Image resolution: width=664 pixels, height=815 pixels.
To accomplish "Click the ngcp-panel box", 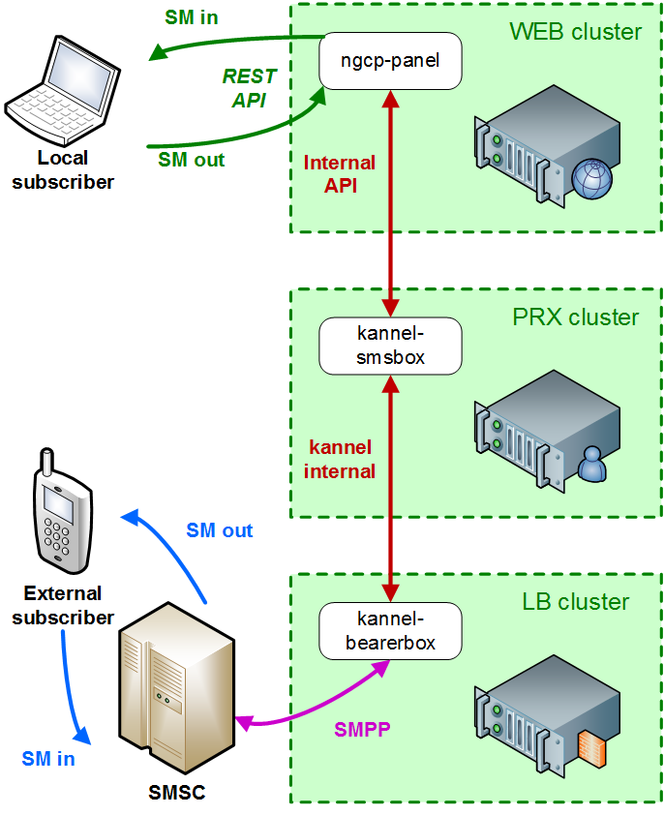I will [390, 60].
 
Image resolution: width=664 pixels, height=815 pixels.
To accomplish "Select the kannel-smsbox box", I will [390, 347].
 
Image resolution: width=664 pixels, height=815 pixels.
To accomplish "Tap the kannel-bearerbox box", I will [390, 630].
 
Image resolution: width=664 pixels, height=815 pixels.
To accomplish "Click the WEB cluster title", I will [575, 32].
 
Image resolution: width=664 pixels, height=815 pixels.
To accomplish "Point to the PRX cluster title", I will [576, 317].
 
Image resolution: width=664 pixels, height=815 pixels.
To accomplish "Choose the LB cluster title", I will [575, 602].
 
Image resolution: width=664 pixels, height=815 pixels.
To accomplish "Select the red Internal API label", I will [340, 174].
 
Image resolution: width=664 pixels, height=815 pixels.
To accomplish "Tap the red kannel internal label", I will [340, 460].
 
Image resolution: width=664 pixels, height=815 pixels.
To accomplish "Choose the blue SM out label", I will [220, 530].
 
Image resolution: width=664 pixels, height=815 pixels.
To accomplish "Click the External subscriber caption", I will [63, 605].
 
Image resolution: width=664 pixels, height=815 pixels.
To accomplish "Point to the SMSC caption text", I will [177, 793].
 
